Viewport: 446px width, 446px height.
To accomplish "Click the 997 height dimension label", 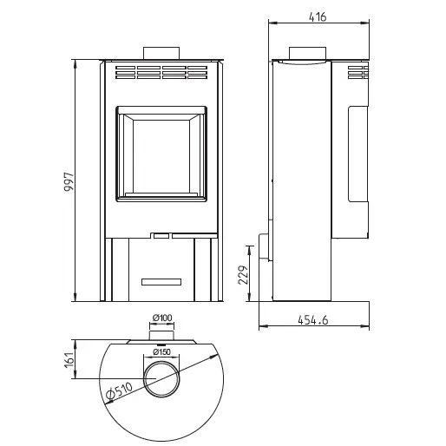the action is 69,182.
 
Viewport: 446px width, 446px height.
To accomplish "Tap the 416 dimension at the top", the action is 318,17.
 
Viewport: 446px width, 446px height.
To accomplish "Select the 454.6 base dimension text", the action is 313,320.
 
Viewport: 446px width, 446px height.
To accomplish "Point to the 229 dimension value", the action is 243,275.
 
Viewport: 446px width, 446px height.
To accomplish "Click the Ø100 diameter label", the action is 162,318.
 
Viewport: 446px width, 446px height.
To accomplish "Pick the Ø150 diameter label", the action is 161,352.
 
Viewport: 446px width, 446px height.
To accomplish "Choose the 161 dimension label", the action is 69,360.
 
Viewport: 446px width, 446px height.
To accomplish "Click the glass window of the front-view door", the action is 161,156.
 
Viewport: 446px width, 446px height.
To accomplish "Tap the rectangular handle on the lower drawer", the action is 161,282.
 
